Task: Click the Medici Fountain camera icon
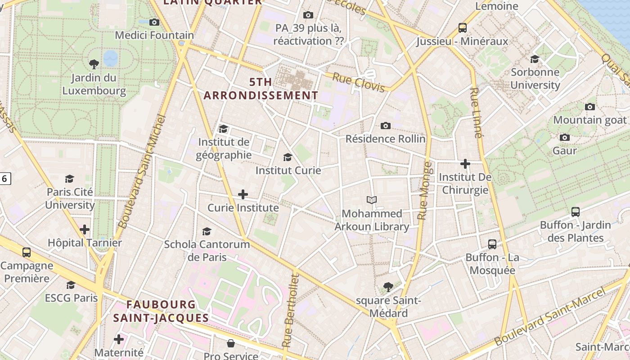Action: [x=154, y=22]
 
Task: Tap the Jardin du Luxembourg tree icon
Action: [x=94, y=64]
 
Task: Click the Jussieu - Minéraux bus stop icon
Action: [x=462, y=28]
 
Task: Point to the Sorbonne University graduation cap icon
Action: [x=535, y=59]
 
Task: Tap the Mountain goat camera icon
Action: [x=589, y=107]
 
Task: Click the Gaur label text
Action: [x=564, y=151]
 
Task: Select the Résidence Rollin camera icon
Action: [x=385, y=126]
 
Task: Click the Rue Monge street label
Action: [x=424, y=191]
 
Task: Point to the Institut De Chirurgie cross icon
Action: [x=465, y=164]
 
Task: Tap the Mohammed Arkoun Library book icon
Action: [x=372, y=200]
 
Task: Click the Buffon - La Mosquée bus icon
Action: [x=492, y=244]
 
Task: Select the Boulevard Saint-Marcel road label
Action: [x=550, y=318]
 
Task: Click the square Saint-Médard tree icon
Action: [x=388, y=287]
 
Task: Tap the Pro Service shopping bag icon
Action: [x=230, y=344]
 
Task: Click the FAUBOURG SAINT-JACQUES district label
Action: [x=161, y=311]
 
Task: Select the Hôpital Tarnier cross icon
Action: [x=85, y=229]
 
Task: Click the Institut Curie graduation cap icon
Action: [x=288, y=157]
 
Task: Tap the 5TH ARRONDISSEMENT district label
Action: [x=261, y=89]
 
